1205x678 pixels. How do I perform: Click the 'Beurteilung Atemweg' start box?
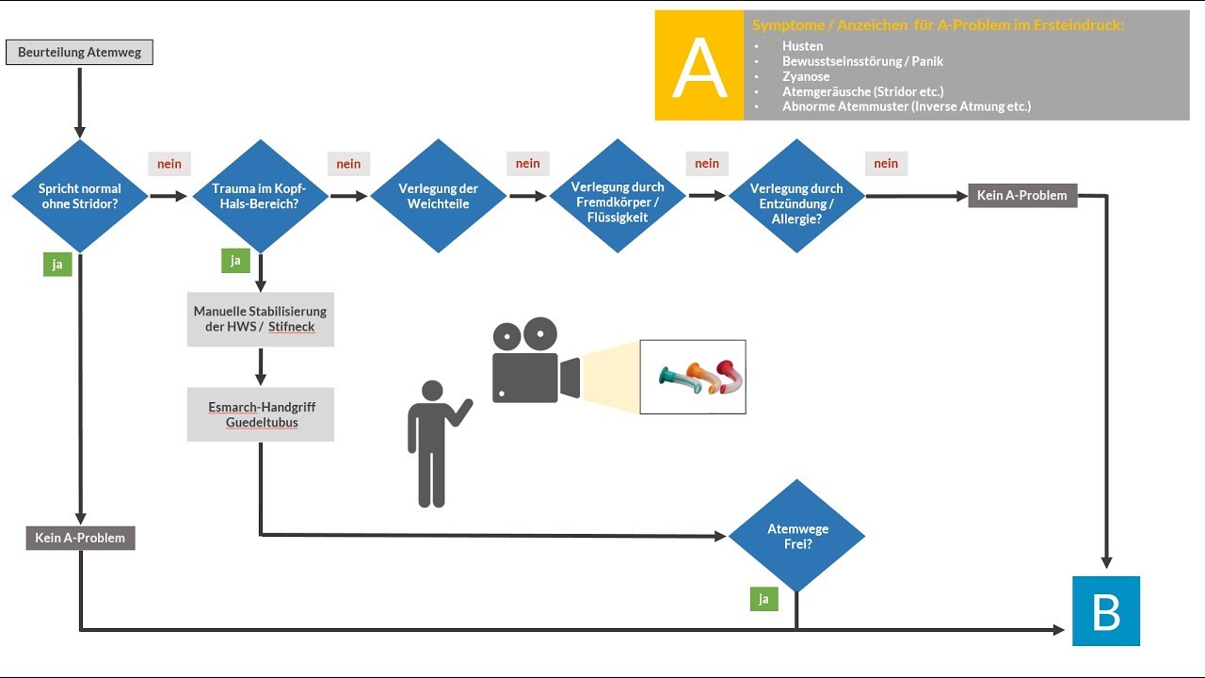point(79,53)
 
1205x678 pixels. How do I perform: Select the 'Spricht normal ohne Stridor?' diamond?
point(80,196)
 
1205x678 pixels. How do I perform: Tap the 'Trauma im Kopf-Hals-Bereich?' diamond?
point(260,196)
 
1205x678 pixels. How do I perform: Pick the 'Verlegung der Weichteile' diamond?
point(439,196)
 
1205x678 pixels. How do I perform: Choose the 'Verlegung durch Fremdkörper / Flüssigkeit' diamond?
point(618,196)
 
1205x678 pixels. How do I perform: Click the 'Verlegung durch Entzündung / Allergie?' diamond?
point(796,196)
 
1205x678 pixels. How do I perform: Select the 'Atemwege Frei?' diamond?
point(796,536)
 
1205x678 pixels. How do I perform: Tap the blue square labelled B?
point(1106,611)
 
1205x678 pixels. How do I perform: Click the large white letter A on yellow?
point(699,66)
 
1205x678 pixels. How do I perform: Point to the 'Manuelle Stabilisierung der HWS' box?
point(260,319)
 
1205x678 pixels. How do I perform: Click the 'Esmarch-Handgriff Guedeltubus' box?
point(260,414)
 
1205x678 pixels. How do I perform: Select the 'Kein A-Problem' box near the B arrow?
point(1022,196)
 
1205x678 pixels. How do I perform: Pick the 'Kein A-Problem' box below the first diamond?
point(80,538)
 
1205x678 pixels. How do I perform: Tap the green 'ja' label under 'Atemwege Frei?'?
point(763,598)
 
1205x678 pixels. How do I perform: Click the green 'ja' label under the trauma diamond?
point(235,260)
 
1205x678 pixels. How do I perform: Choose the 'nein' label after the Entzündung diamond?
point(886,164)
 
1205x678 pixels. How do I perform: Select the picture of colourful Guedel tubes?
point(693,377)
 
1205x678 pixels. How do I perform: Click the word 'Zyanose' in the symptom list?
point(806,76)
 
